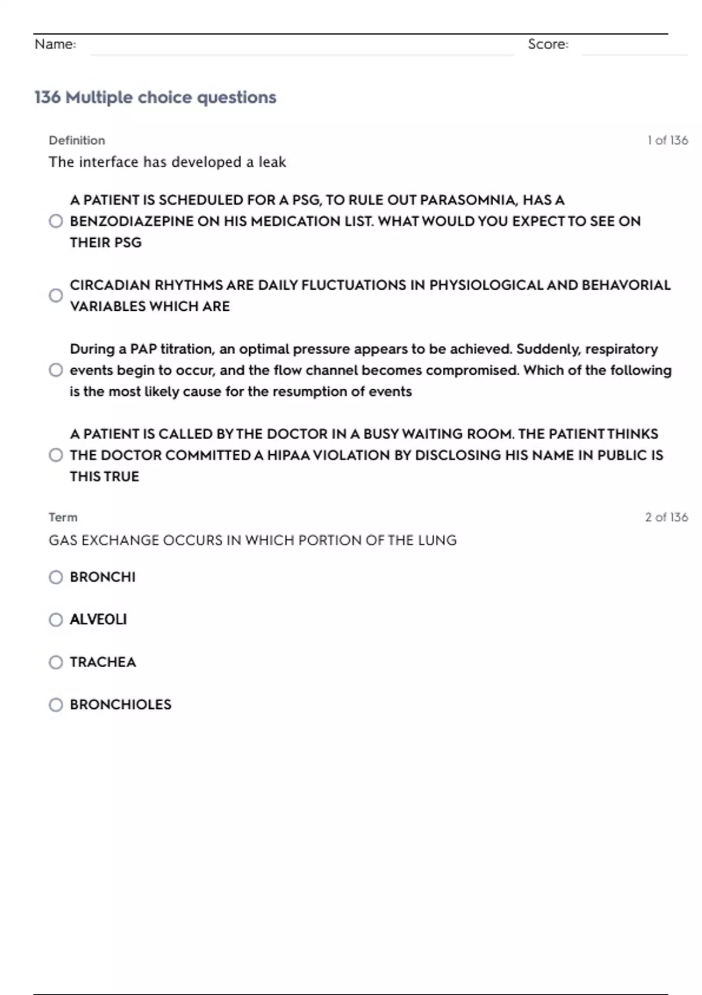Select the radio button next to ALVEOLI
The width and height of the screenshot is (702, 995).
tap(56, 620)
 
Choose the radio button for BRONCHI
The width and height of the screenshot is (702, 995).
tap(56, 578)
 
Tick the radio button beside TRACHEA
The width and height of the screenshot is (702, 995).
tap(56, 663)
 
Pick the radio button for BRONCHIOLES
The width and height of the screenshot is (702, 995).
tap(56, 705)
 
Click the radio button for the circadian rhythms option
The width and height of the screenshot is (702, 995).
tap(56, 296)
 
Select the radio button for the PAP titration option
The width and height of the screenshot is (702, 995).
tap(56, 370)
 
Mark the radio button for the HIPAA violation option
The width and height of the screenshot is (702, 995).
tap(56, 455)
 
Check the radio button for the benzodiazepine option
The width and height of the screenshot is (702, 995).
tap(56, 221)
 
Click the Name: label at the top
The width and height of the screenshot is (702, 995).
tap(55, 44)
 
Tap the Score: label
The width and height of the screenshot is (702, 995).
tap(548, 44)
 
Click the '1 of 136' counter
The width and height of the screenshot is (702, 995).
tap(667, 140)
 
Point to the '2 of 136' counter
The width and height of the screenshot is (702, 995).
tap(666, 517)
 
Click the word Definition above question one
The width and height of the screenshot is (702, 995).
tap(77, 140)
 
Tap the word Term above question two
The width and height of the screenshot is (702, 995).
tap(63, 517)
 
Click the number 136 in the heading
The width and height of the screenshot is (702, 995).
tap(47, 97)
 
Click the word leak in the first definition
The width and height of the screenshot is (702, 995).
tap(272, 162)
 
